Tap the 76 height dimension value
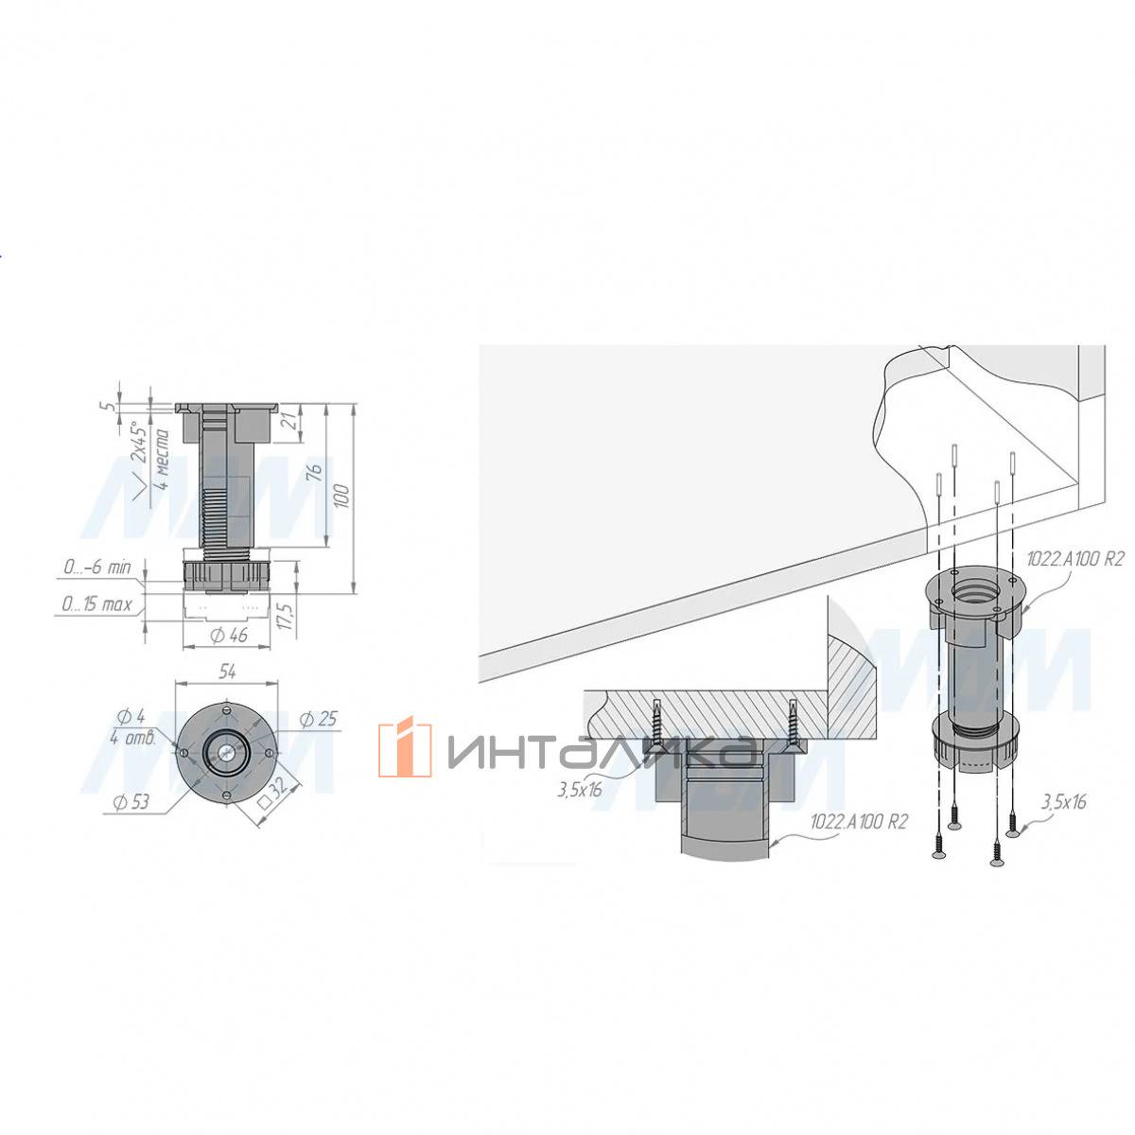tap(316, 472)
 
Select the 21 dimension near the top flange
tap(288, 421)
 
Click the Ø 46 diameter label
tap(230, 635)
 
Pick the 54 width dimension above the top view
tap(227, 671)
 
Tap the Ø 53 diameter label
tap(131, 802)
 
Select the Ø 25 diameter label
tap(318, 719)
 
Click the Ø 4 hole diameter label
tap(131, 717)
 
